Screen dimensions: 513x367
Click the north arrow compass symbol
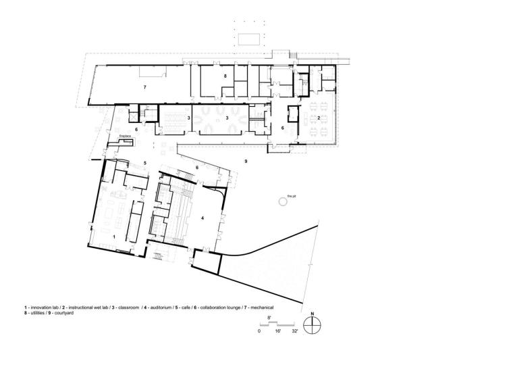coord(312,325)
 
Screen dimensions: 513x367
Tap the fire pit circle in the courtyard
coord(283,201)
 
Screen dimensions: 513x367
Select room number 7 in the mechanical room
coord(144,87)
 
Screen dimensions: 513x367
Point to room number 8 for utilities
coord(225,76)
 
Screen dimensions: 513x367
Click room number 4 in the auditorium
coord(202,218)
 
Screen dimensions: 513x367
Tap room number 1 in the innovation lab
coord(114,237)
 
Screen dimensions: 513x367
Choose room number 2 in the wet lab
coord(319,118)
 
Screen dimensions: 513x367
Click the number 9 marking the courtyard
coord(246,161)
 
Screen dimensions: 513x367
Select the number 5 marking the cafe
coord(144,162)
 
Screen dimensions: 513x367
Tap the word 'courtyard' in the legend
coord(64,313)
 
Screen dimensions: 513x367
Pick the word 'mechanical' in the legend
coord(262,308)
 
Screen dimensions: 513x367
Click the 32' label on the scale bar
coord(295,331)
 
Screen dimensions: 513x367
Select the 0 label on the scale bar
coord(259,331)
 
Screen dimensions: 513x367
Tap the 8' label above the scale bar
coord(269,318)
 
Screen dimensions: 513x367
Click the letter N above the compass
coord(312,314)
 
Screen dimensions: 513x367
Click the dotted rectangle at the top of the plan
coord(249,39)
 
